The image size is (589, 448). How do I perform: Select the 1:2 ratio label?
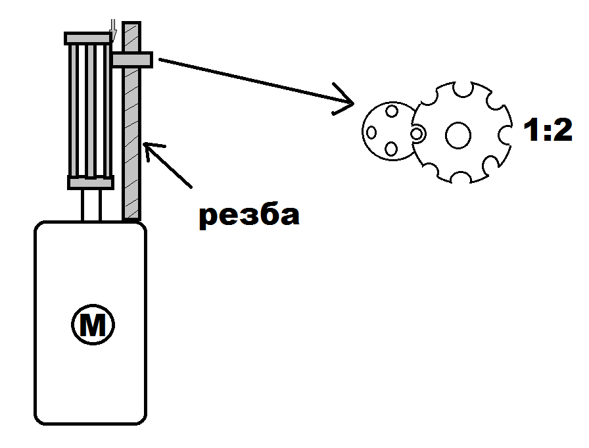(x=547, y=132)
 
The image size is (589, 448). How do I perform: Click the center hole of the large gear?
(x=458, y=135)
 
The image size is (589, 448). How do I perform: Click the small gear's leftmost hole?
(x=371, y=132)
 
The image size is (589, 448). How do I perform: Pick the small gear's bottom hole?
(x=391, y=149)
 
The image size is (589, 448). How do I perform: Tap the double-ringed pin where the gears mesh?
(x=417, y=134)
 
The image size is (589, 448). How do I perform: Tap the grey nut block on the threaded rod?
(x=132, y=60)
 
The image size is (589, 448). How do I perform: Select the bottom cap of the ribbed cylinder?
(x=91, y=182)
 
